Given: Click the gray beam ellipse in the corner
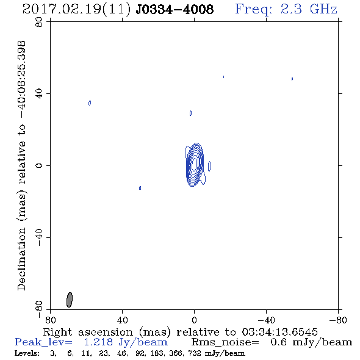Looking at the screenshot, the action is [x=70, y=300].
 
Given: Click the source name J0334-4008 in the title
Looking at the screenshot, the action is [x=175, y=9].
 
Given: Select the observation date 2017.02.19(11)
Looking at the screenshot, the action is [x=76, y=10].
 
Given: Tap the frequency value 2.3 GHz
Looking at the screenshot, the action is [x=309, y=9].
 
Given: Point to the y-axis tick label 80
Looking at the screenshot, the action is [x=39, y=22].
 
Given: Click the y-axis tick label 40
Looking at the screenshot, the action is [x=39, y=94].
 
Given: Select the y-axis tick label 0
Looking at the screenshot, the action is [x=39, y=165].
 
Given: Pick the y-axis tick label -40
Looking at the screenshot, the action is [x=39, y=237].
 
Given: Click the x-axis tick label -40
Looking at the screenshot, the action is [x=266, y=320].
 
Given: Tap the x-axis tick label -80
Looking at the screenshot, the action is [x=338, y=320].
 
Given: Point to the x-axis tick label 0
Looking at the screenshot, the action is [x=194, y=320].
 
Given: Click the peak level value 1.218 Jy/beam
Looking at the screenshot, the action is [x=126, y=342].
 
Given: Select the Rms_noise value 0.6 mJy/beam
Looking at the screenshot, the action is [x=311, y=342].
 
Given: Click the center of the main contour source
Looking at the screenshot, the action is [x=195, y=164].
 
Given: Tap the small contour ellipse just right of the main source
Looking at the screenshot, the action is [x=209, y=166].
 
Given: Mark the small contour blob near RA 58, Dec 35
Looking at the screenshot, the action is [x=90, y=103].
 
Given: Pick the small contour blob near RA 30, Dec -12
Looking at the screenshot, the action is [x=140, y=188].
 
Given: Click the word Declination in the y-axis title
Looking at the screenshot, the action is [x=21, y=259].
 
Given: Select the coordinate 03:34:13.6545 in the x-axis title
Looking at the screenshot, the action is [x=279, y=332].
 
